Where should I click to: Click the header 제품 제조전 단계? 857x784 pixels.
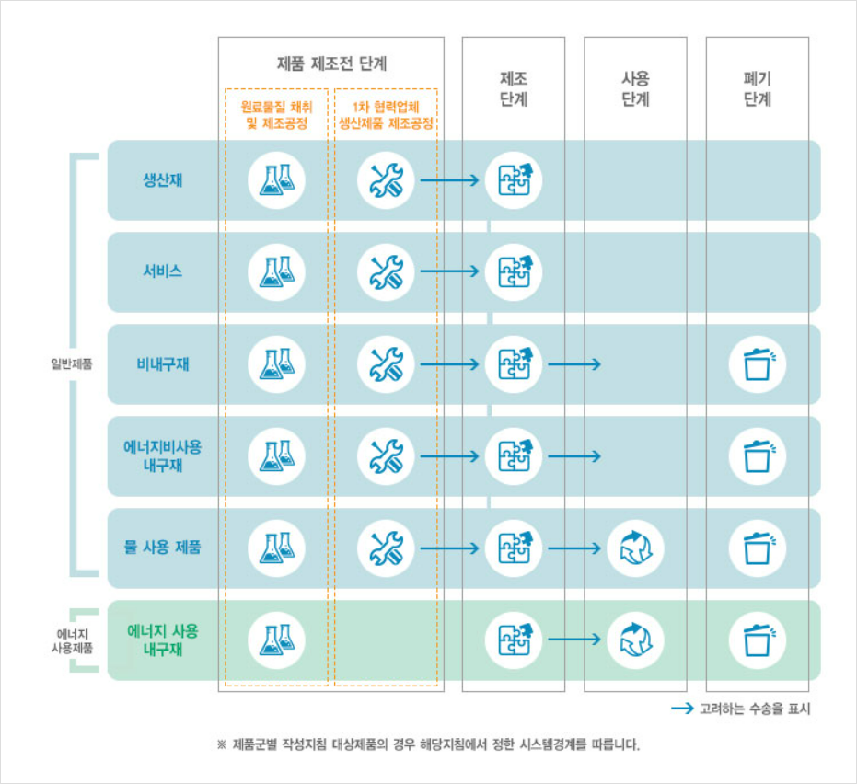(331, 64)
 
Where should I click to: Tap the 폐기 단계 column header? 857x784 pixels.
(757, 88)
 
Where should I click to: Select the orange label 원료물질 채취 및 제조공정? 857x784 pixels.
(276, 114)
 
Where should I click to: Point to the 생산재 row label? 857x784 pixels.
(163, 179)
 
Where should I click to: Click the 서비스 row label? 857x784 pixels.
(163, 271)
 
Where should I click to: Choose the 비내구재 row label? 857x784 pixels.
(163, 363)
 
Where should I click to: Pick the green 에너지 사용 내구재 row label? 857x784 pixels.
(163, 640)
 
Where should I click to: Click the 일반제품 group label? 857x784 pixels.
(72, 363)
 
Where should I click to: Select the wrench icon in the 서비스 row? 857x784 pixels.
(386, 271)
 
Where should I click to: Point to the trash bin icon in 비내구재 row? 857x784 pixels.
(758, 364)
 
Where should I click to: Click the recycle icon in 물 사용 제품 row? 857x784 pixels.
(635, 548)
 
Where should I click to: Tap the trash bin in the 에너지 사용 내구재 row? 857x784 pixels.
(758, 640)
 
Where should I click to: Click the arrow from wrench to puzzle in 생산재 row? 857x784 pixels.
(450, 179)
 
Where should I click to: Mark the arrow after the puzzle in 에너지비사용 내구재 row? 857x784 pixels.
(574, 455)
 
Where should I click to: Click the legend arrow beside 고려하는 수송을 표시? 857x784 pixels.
(682, 709)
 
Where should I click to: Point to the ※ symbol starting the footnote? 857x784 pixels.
(222, 744)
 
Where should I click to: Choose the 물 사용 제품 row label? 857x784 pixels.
(163, 548)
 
